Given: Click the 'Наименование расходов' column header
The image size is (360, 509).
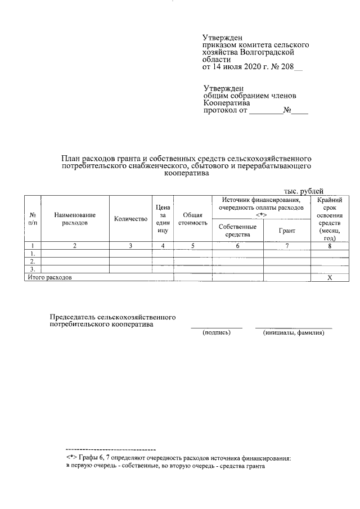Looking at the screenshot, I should tap(75, 219).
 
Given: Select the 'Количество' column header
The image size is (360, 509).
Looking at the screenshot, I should tap(130, 219).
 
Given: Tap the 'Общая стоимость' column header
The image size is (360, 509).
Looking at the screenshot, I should tap(192, 219).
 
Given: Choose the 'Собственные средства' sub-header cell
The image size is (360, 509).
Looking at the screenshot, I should tap(237, 231).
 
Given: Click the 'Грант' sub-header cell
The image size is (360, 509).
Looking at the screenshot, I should tap(286, 231).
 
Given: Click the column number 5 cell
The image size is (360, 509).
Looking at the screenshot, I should tap(192, 246).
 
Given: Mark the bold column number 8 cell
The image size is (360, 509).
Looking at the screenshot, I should tap(330, 246).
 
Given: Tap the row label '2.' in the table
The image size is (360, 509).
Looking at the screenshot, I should tap(33, 261).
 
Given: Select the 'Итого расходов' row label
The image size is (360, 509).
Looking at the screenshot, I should tap(50, 277).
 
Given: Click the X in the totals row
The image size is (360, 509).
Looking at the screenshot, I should tap(330, 277).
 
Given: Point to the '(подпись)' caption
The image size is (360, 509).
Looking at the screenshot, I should tap(217, 333).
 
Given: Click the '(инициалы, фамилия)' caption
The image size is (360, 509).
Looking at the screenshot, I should tap(294, 333).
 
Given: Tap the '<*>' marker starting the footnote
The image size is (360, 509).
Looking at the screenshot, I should tap(71, 458).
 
